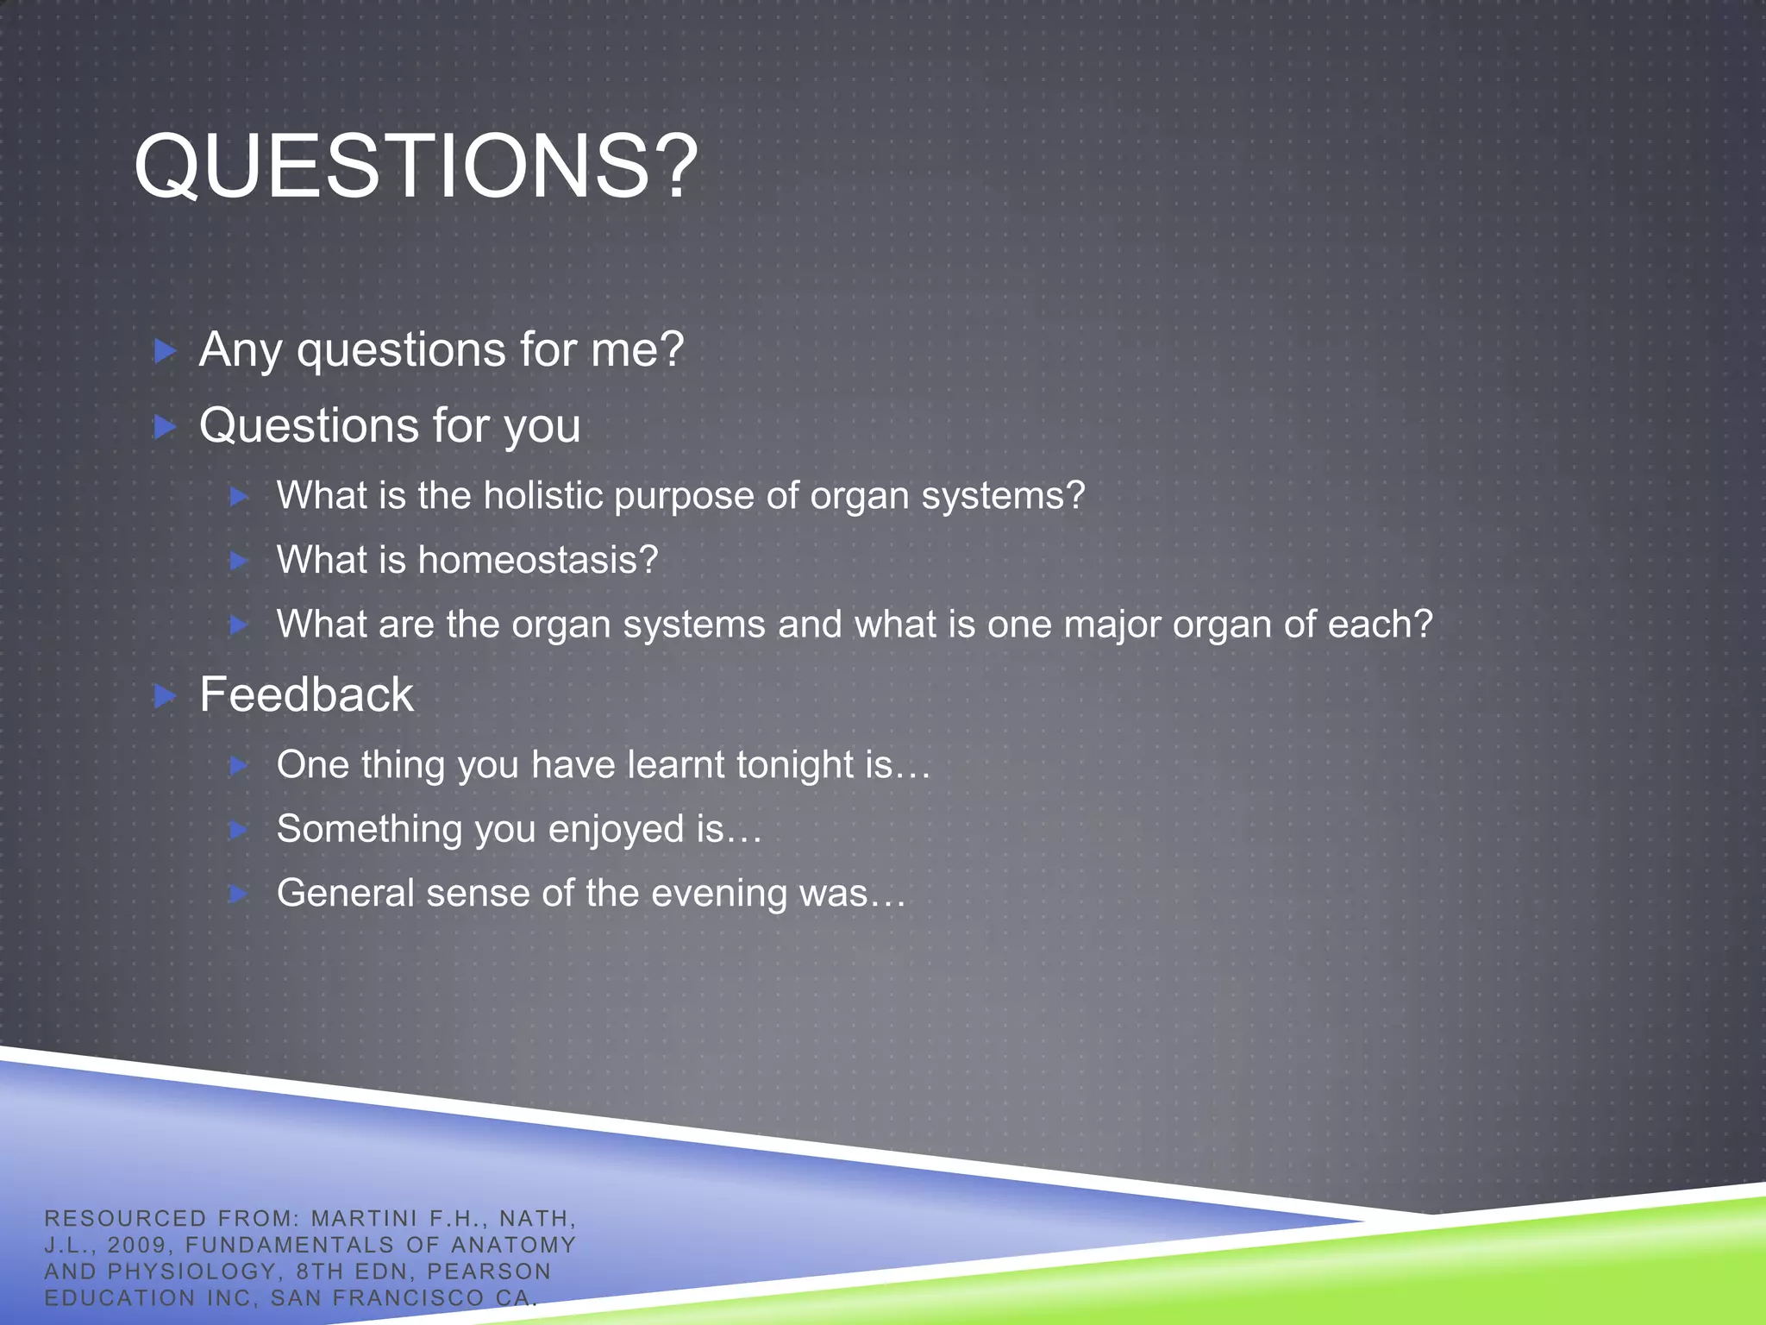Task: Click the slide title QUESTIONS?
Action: tap(416, 166)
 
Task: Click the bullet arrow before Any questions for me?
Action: tap(165, 351)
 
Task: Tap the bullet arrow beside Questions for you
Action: tap(165, 426)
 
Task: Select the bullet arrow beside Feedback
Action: tap(165, 695)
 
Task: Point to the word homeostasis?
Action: tap(538, 560)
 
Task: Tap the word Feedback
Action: tap(306, 695)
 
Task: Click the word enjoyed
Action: tap(616, 830)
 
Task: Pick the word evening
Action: tap(719, 894)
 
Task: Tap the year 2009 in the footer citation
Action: tap(136, 1245)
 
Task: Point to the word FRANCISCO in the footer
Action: tap(408, 1297)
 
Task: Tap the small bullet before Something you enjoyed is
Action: tap(239, 830)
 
